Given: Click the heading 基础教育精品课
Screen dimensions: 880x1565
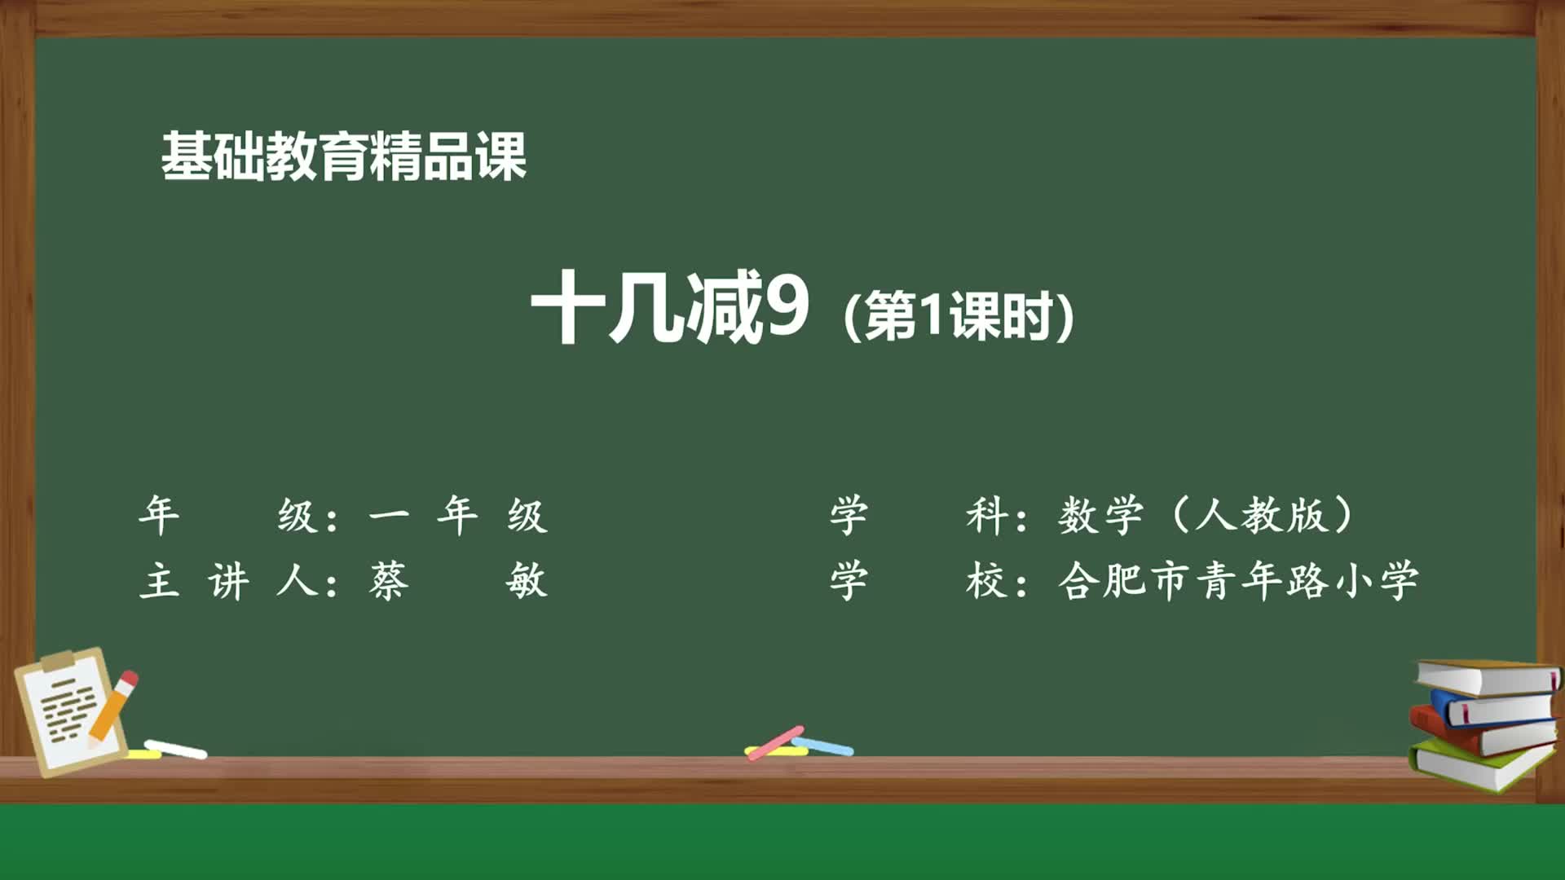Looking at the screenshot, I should point(343,156).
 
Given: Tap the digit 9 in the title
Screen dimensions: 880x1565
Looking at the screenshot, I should point(785,306).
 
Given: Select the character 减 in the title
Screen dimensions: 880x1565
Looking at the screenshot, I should point(723,307).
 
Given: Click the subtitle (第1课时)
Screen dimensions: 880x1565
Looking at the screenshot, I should point(959,316).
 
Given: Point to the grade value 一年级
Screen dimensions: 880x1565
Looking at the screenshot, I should point(457,516).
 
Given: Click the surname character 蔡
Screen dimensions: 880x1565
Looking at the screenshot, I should point(388,582).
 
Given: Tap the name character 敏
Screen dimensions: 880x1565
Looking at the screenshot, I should point(526,582).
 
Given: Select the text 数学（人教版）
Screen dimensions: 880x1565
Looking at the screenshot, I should point(1206,516).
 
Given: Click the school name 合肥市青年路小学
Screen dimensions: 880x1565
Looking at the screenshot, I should point(1238,582).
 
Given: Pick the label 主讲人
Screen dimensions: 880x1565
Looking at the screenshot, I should point(228,582).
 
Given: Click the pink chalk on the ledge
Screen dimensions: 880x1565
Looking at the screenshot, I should point(775,741).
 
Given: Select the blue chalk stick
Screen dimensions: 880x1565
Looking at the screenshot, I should point(824,746).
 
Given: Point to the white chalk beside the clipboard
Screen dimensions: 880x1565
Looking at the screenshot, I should point(175,749).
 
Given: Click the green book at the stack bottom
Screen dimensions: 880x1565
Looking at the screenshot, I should point(1479,766).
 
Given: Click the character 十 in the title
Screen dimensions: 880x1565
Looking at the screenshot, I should point(568,307).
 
